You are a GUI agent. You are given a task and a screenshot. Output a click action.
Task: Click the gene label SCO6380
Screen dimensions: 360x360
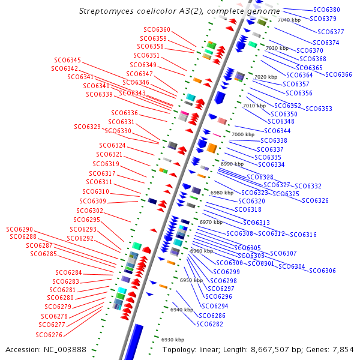(x=326, y=10)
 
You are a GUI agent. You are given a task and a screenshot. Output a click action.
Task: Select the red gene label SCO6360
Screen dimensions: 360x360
(x=157, y=29)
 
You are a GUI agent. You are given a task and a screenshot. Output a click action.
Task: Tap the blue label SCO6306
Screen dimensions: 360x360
(x=322, y=271)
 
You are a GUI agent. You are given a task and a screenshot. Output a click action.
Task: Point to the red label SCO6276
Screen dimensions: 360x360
(x=49, y=335)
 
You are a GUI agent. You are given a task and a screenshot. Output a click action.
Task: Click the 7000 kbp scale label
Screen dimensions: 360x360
(x=243, y=134)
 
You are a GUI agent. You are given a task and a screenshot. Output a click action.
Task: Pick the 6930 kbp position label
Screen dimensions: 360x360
(x=173, y=340)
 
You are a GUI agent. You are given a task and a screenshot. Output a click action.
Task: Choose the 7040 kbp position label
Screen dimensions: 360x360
(x=289, y=20)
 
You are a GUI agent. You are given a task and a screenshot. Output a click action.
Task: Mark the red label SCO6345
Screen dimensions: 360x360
(x=67, y=60)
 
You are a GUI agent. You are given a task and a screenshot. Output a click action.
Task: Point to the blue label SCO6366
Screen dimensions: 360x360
(x=339, y=74)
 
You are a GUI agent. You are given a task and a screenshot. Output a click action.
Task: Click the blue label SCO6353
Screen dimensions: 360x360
(x=319, y=109)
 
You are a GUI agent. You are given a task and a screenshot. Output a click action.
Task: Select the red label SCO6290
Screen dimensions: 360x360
(x=20, y=230)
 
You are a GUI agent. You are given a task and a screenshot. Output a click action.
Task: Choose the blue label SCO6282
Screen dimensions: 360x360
(x=209, y=324)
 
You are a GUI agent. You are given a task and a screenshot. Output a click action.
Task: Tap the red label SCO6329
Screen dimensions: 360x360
(x=88, y=127)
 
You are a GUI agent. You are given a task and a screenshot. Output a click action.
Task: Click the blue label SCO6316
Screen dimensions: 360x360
(x=304, y=235)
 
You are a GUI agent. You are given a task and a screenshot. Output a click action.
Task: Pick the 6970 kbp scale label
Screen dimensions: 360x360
(x=211, y=222)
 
